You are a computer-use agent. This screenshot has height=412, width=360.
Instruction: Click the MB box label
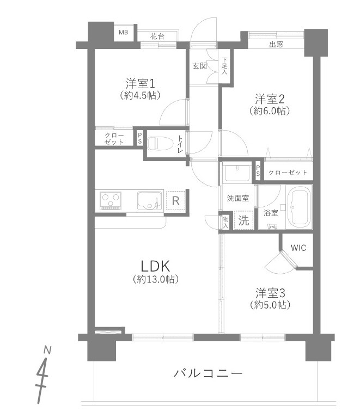pyautogui.click(x=124, y=33)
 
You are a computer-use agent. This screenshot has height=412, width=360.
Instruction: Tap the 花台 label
pyautogui.click(x=157, y=36)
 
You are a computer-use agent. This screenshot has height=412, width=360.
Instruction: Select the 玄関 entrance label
pyautogui.click(x=199, y=66)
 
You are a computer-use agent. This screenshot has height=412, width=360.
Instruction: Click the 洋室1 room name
pyautogui.click(x=141, y=83)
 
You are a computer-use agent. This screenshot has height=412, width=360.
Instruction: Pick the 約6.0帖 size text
pyautogui.click(x=269, y=111)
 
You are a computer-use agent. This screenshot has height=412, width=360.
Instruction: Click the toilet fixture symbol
pyautogui.click(x=159, y=143)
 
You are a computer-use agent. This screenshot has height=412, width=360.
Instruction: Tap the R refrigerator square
pyautogui.click(x=175, y=201)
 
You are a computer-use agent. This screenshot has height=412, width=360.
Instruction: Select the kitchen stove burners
pyautogui.click(x=111, y=201)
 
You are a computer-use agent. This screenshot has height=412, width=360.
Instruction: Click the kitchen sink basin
pyautogui.click(x=147, y=200)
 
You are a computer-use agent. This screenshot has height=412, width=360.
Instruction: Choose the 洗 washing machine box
pyautogui.click(x=245, y=220)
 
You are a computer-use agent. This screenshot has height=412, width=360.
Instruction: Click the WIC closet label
pyautogui.click(x=298, y=248)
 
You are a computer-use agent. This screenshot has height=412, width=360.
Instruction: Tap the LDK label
pyautogui.click(x=156, y=266)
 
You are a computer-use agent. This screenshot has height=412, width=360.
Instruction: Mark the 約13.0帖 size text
pyautogui.click(x=156, y=280)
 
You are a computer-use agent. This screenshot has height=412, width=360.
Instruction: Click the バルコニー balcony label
pyautogui.click(x=208, y=373)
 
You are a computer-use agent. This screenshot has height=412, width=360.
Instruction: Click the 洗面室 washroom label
pyautogui.click(x=238, y=198)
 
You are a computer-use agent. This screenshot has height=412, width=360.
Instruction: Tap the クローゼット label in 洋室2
pyautogui.click(x=288, y=173)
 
